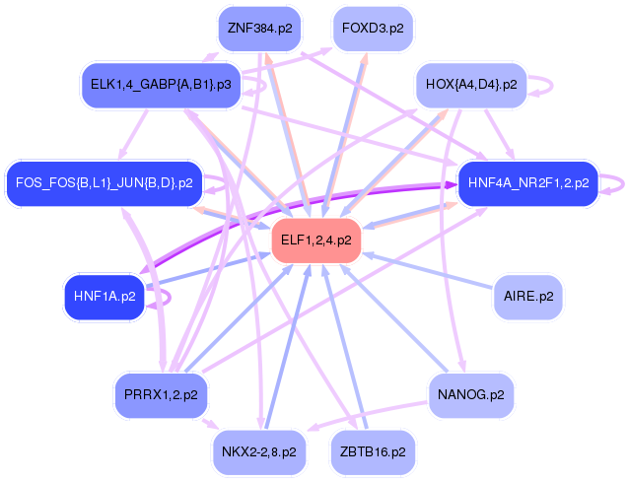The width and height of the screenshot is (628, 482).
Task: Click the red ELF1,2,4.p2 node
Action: tap(316, 240)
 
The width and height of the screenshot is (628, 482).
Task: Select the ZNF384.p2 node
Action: tap(259, 28)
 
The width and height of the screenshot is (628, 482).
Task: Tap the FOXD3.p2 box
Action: tap(373, 28)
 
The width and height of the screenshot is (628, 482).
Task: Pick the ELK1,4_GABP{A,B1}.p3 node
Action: tap(161, 85)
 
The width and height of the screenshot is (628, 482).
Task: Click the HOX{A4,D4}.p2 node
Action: tap(470, 85)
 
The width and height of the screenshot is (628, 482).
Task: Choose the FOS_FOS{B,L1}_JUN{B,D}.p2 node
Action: tap(104, 182)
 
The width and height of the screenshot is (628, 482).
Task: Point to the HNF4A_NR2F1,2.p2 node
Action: tap(528, 182)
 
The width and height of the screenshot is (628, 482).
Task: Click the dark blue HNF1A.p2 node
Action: tap(105, 295)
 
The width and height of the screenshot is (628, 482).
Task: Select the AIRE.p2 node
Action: tap(527, 295)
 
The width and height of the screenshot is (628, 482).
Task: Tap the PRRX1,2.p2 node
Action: tap(161, 394)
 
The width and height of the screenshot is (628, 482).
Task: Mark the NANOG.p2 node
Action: tap(470, 394)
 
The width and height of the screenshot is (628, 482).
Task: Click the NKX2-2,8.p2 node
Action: tap(259, 452)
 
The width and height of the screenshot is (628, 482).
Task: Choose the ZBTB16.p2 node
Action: tap(373, 452)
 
